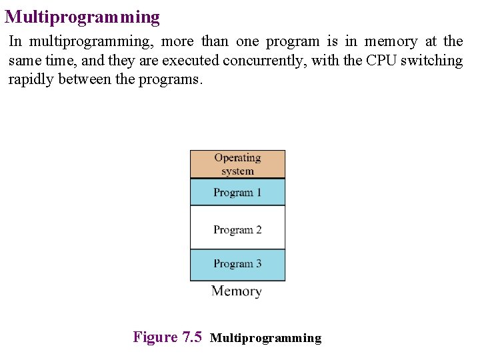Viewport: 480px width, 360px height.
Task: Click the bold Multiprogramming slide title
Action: (x=83, y=17)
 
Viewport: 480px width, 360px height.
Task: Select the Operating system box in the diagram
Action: (x=237, y=164)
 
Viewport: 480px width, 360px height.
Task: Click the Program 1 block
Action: (x=237, y=193)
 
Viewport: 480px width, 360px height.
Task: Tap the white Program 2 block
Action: (x=237, y=229)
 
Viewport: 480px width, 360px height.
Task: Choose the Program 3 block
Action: (x=237, y=264)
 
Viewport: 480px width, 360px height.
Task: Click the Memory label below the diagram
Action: (x=237, y=291)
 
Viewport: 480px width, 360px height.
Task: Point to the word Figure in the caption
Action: (x=155, y=337)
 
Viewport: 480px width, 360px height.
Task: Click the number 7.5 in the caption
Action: (x=191, y=337)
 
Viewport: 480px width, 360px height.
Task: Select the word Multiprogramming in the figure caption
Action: (x=265, y=338)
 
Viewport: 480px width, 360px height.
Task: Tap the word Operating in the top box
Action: (x=237, y=158)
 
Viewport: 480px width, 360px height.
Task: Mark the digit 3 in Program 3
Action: (x=258, y=264)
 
